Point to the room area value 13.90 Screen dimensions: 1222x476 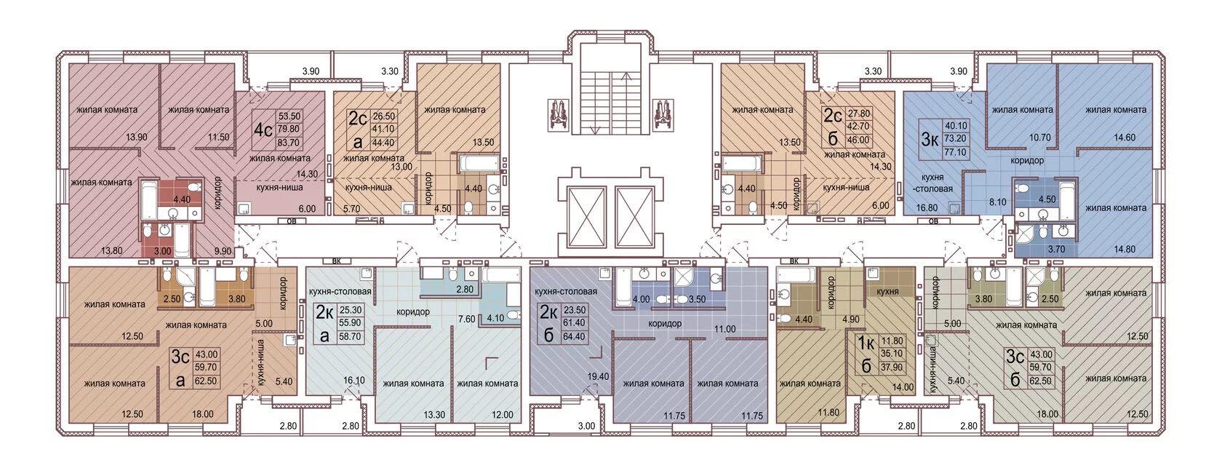click(137, 137)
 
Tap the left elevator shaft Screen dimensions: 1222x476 click(586, 217)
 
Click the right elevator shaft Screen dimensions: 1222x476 click(634, 217)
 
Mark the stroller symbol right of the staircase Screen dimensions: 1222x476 click(662, 113)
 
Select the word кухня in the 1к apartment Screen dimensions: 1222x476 click(887, 291)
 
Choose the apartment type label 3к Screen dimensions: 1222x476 click(929, 139)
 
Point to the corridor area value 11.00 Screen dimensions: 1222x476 click(724, 329)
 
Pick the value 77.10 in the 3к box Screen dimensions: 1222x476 click(958, 153)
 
